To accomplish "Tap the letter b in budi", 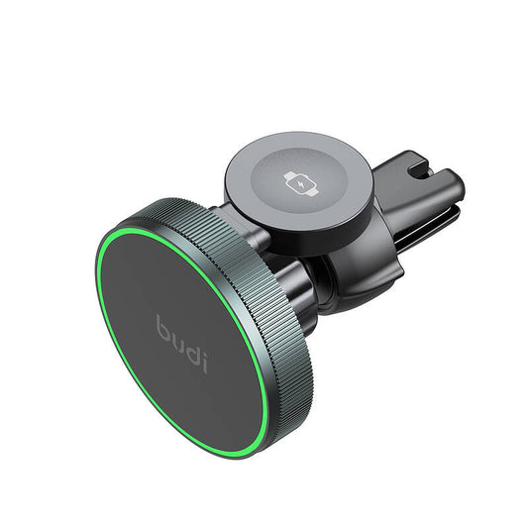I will click(x=163, y=326).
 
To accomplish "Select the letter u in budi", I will click(x=177, y=337).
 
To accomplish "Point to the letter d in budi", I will click(x=192, y=347).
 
